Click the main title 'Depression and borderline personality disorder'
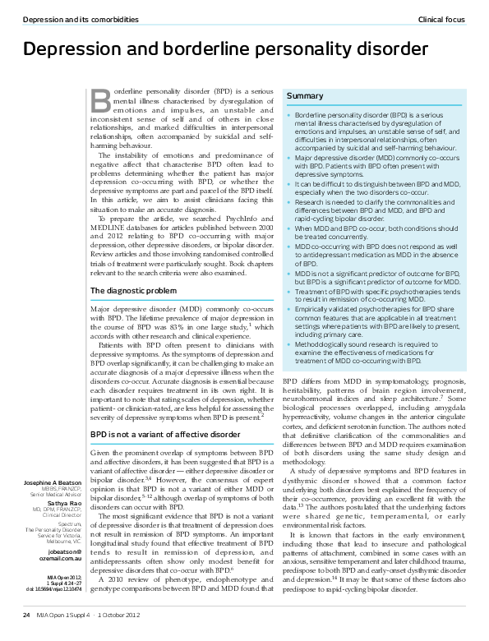[x=225, y=50]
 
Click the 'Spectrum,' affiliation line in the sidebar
[x=70, y=523]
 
